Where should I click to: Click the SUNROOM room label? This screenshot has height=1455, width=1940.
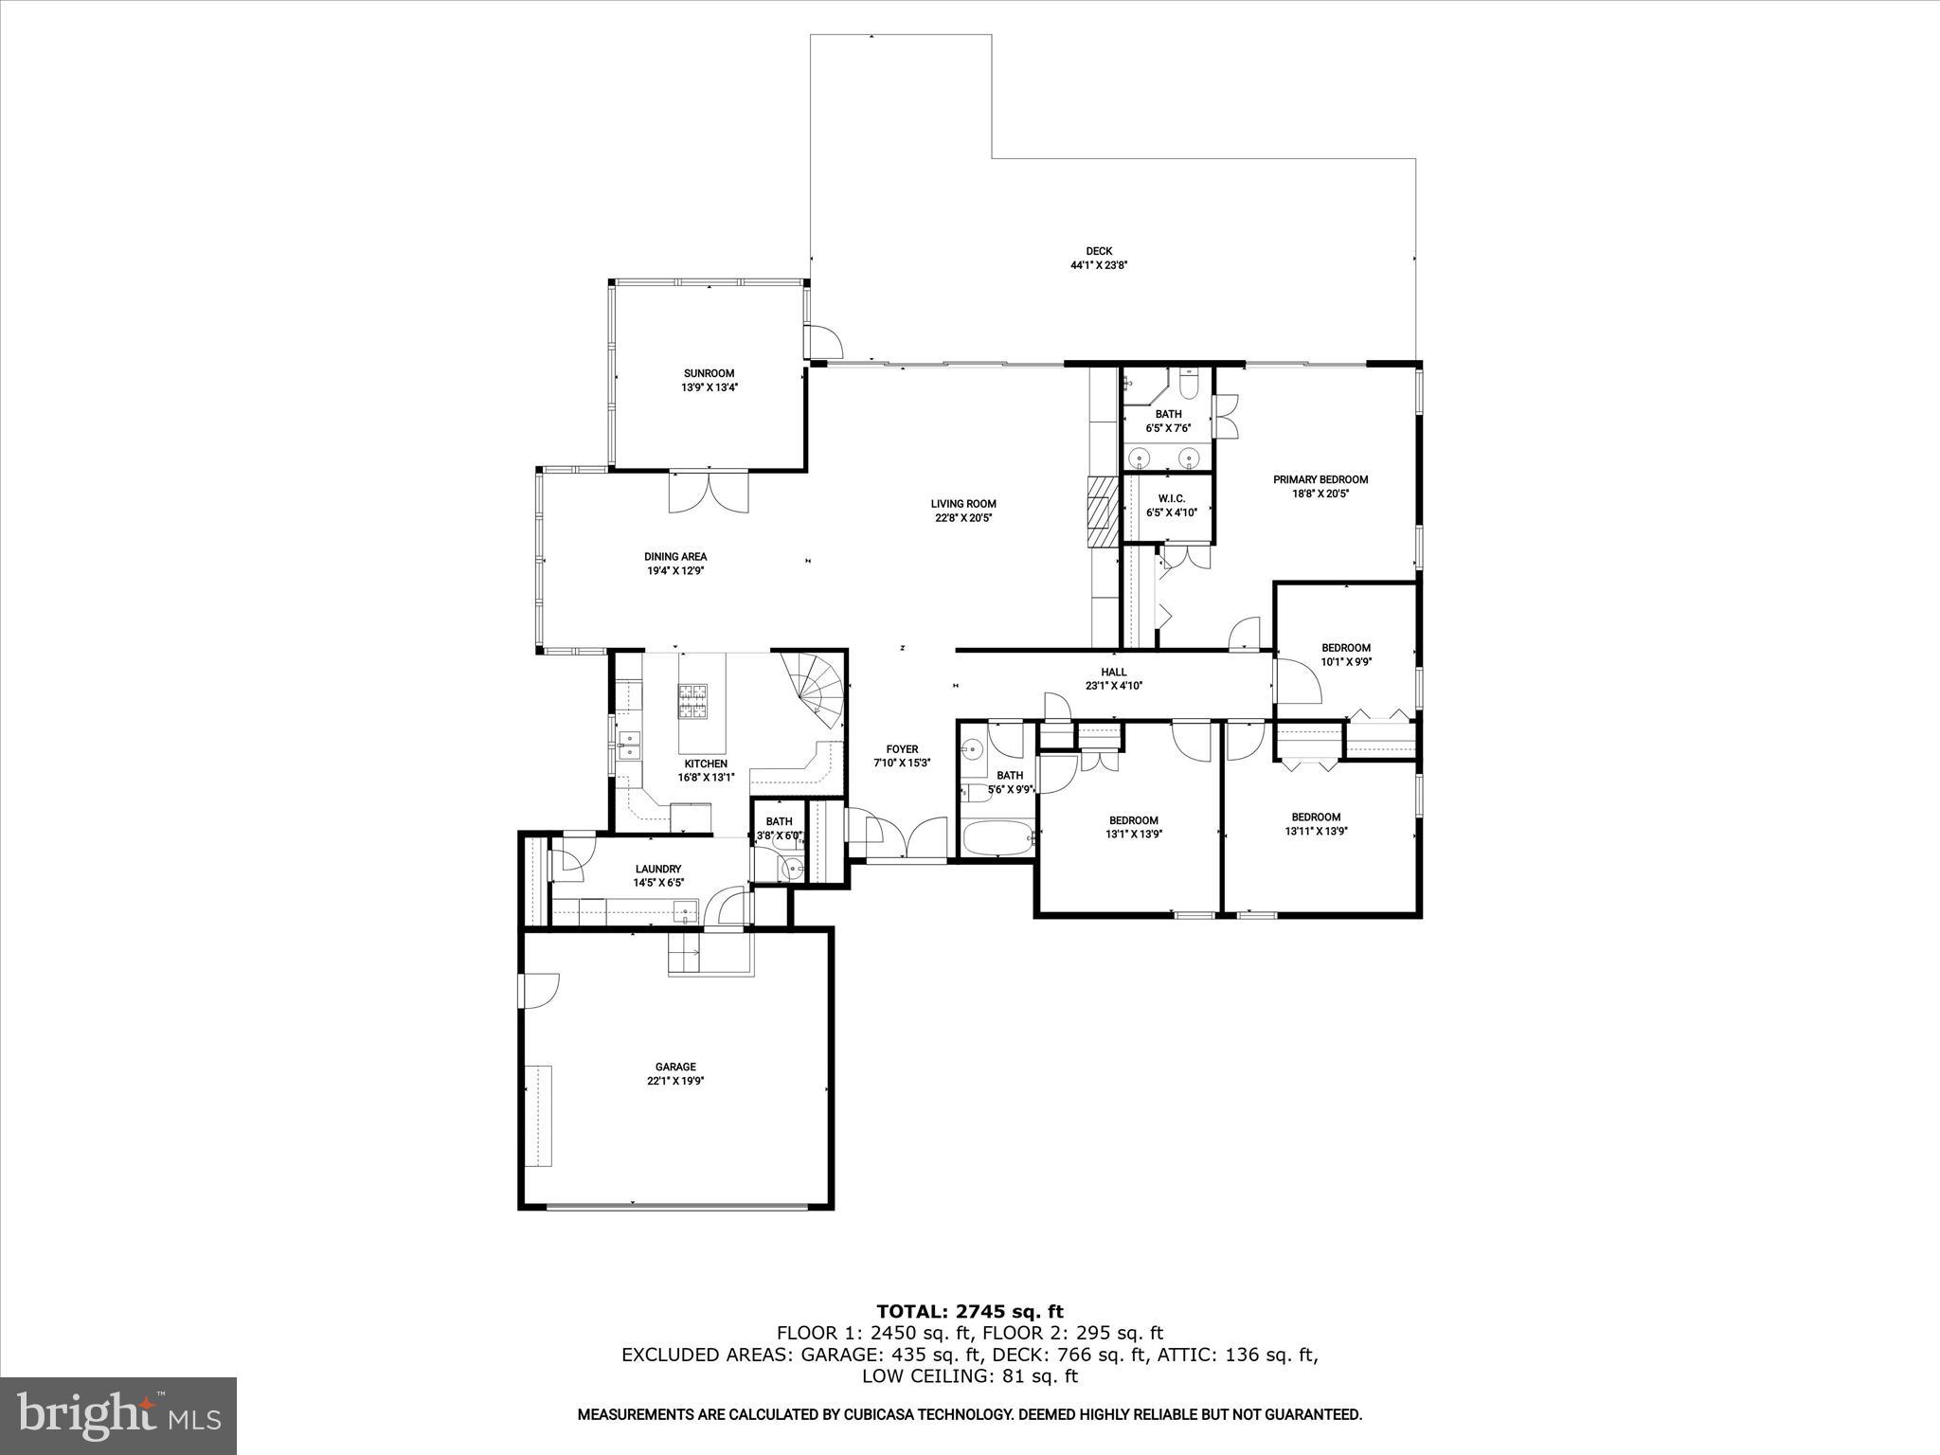pyautogui.click(x=709, y=373)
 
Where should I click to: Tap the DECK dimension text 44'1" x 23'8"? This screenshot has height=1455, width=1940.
pyautogui.click(x=1099, y=266)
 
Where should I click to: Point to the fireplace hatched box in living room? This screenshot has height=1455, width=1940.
pyautogui.click(x=1102, y=512)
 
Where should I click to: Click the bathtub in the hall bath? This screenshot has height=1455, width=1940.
pyautogui.click(x=997, y=838)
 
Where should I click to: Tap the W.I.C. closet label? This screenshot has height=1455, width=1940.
pyautogui.click(x=1171, y=498)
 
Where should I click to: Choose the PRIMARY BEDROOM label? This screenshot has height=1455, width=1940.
pyautogui.click(x=1320, y=479)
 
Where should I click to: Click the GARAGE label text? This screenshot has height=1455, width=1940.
pyautogui.click(x=675, y=1067)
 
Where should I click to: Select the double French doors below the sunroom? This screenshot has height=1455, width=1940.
pyautogui.click(x=709, y=492)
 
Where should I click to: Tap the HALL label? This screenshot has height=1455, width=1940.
pyautogui.click(x=1114, y=672)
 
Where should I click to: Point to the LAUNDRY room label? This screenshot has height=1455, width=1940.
pyautogui.click(x=658, y=869)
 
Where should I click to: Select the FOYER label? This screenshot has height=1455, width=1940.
pyautogui.click(x=902, y=749)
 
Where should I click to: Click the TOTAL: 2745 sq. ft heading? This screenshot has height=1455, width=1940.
pyautogui.click(x=969, y=1312)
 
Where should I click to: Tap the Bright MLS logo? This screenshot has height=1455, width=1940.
pyautogui.click(x=118, y=1414)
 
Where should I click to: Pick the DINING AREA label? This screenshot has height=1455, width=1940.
pyautogui.click(x=675, y=557)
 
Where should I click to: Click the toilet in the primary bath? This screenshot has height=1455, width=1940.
pyautogui.click(x=1190, y=384)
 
